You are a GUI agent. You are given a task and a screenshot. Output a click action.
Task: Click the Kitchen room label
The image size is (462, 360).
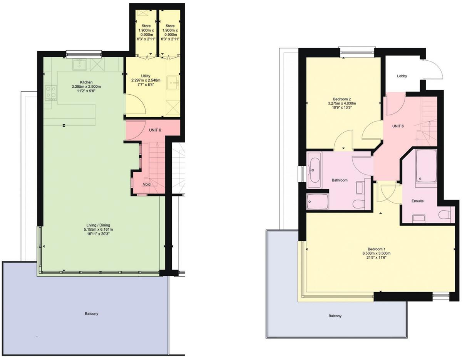[86, 82]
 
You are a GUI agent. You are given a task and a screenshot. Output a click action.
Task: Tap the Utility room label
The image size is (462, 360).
[146, 76]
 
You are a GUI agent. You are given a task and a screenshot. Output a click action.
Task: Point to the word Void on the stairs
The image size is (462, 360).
[147, 184]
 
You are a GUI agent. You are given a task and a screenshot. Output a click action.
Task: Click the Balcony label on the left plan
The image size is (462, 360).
[92, 313]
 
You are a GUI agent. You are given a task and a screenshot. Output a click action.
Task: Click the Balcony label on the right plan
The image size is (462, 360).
[335, 316]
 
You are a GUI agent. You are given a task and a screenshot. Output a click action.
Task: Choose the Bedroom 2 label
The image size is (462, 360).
[341, 98]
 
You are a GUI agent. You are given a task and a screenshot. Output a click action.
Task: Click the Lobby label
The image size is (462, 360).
[402, 76]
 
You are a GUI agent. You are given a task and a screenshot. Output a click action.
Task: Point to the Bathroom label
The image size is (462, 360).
[340, 180]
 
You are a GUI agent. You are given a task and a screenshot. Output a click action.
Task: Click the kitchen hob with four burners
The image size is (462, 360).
[51, 93]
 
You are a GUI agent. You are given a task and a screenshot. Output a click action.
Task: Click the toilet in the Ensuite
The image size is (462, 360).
[445, 215]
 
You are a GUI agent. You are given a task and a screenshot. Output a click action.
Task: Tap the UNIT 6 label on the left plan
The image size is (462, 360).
[155, 130]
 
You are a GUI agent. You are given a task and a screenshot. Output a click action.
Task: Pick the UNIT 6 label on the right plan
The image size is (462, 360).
[398, 126]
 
